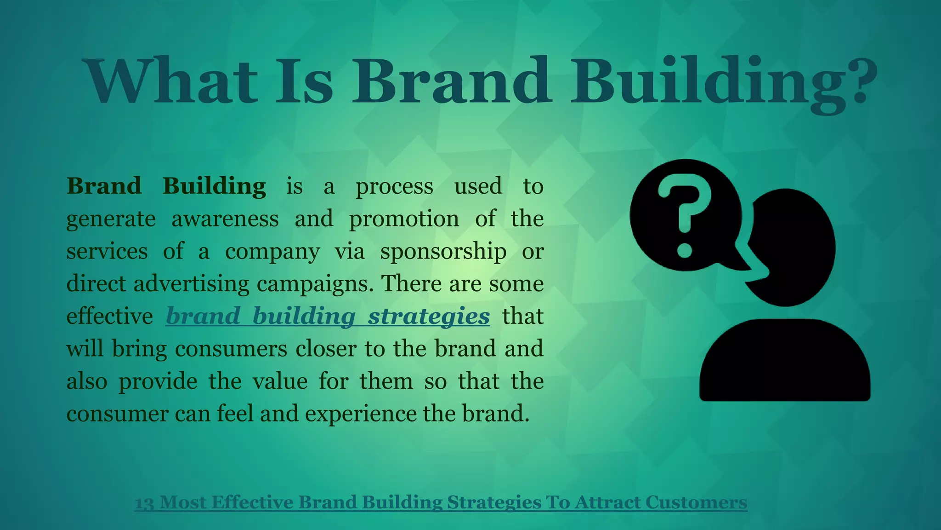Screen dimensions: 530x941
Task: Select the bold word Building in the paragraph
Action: click(214, 186)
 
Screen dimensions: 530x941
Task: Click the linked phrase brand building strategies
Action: click(328, 317)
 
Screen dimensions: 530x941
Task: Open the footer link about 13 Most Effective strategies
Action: click(441, 502)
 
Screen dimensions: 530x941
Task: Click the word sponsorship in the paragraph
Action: click(443, 252)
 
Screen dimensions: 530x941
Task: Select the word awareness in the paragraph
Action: click(225, 219)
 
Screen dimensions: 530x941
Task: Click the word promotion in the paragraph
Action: click(404, 219)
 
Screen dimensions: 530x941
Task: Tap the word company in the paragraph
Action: click(272, 252)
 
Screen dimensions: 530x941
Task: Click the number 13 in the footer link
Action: click(144, 503)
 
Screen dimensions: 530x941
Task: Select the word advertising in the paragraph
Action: click(192, 284)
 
